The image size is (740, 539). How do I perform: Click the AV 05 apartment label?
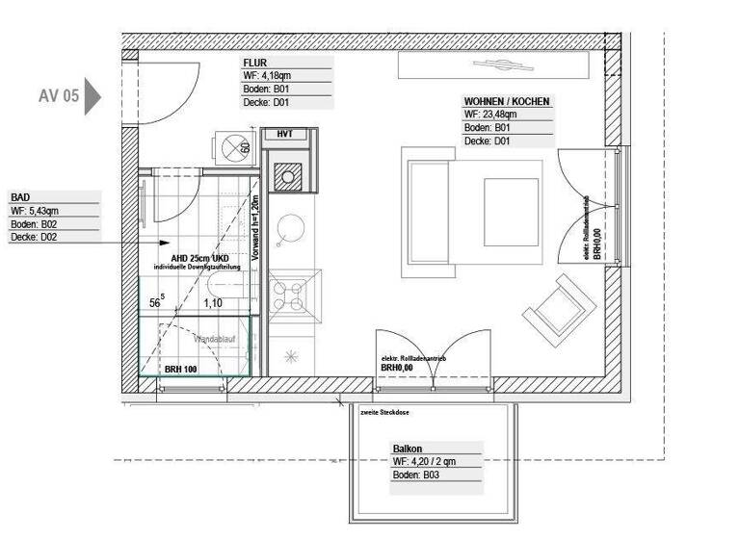(x=59, y=96)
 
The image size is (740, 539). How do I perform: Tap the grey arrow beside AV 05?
(x=92, y=96)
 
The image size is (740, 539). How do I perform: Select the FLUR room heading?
(x=256, y=64)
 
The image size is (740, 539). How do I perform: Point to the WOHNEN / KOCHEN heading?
(x=507, y=101)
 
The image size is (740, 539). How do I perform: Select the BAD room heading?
(x=20, y=197)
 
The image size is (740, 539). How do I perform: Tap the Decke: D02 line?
(x=35, y=237)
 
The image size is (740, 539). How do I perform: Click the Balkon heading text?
(x=408, y=449)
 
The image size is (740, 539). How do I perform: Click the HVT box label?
(x=284, y=134)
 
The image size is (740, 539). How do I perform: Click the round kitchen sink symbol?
(x=289, y=229)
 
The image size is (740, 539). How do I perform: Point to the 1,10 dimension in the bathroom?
(x=212, y=302)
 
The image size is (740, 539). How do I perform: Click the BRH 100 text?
(x=181, y=369)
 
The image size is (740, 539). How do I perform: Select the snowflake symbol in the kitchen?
(x=289, y=357)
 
